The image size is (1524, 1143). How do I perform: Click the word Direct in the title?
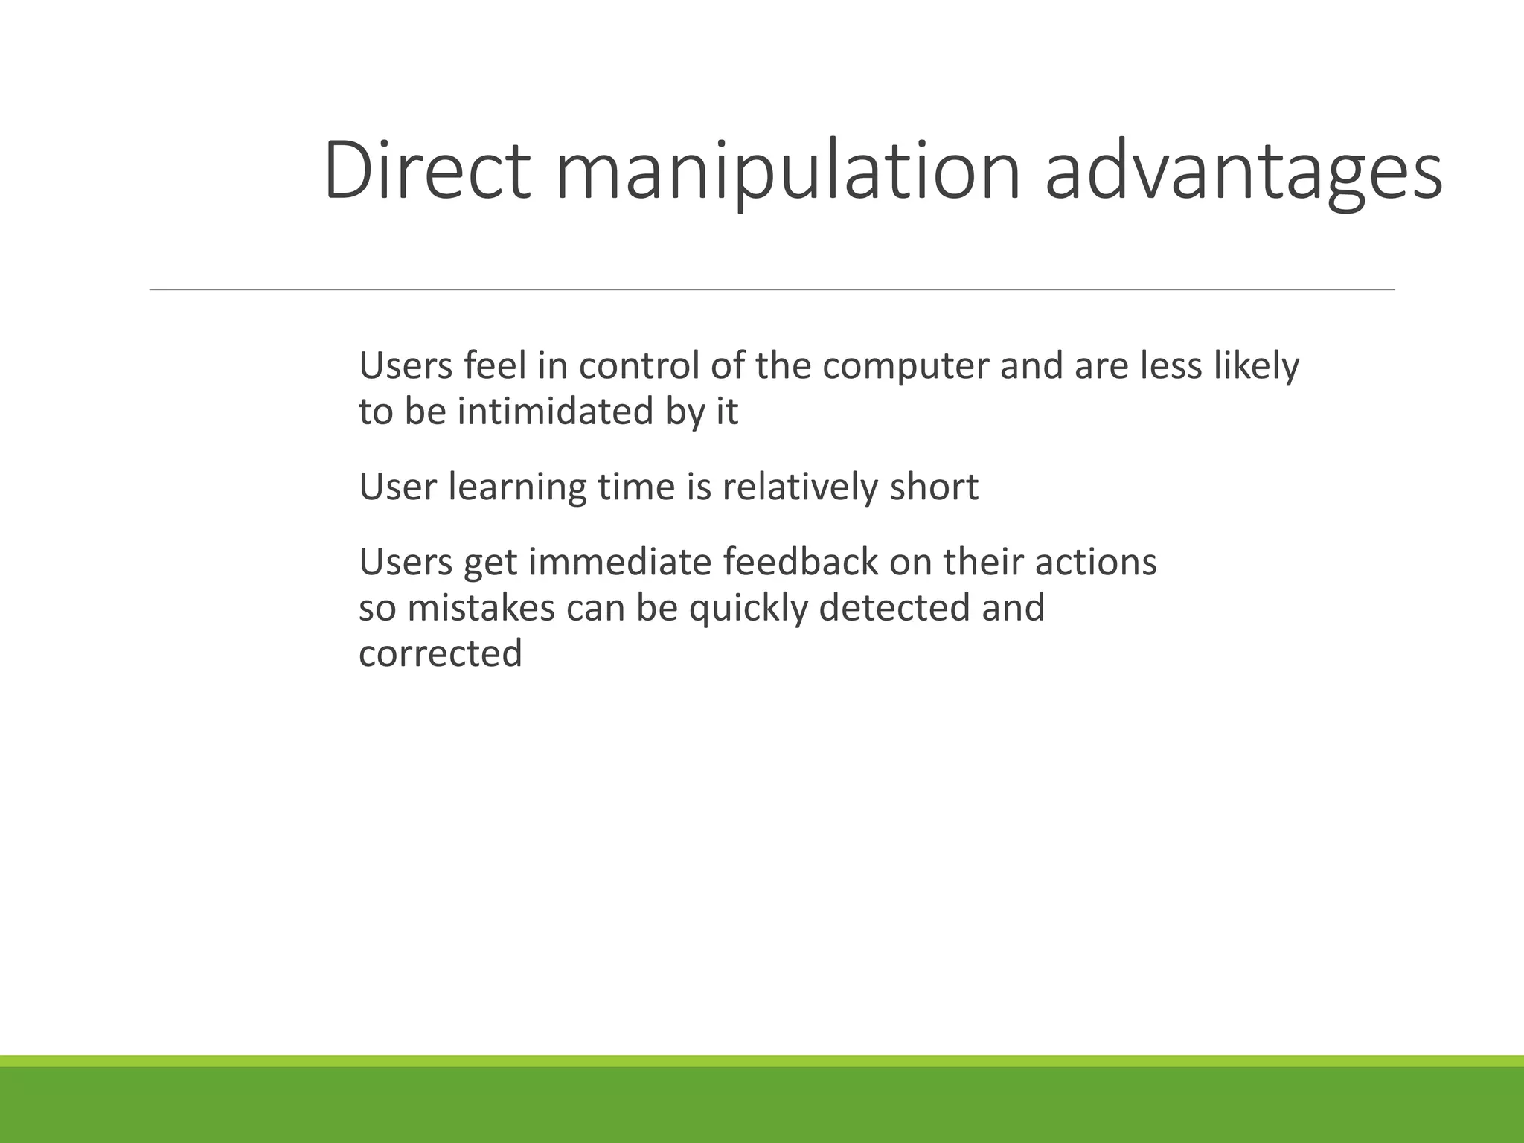click(x=427, y=171)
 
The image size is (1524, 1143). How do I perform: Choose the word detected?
click(x=894, y=608)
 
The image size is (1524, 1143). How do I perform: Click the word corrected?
click(x=441, y=654)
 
